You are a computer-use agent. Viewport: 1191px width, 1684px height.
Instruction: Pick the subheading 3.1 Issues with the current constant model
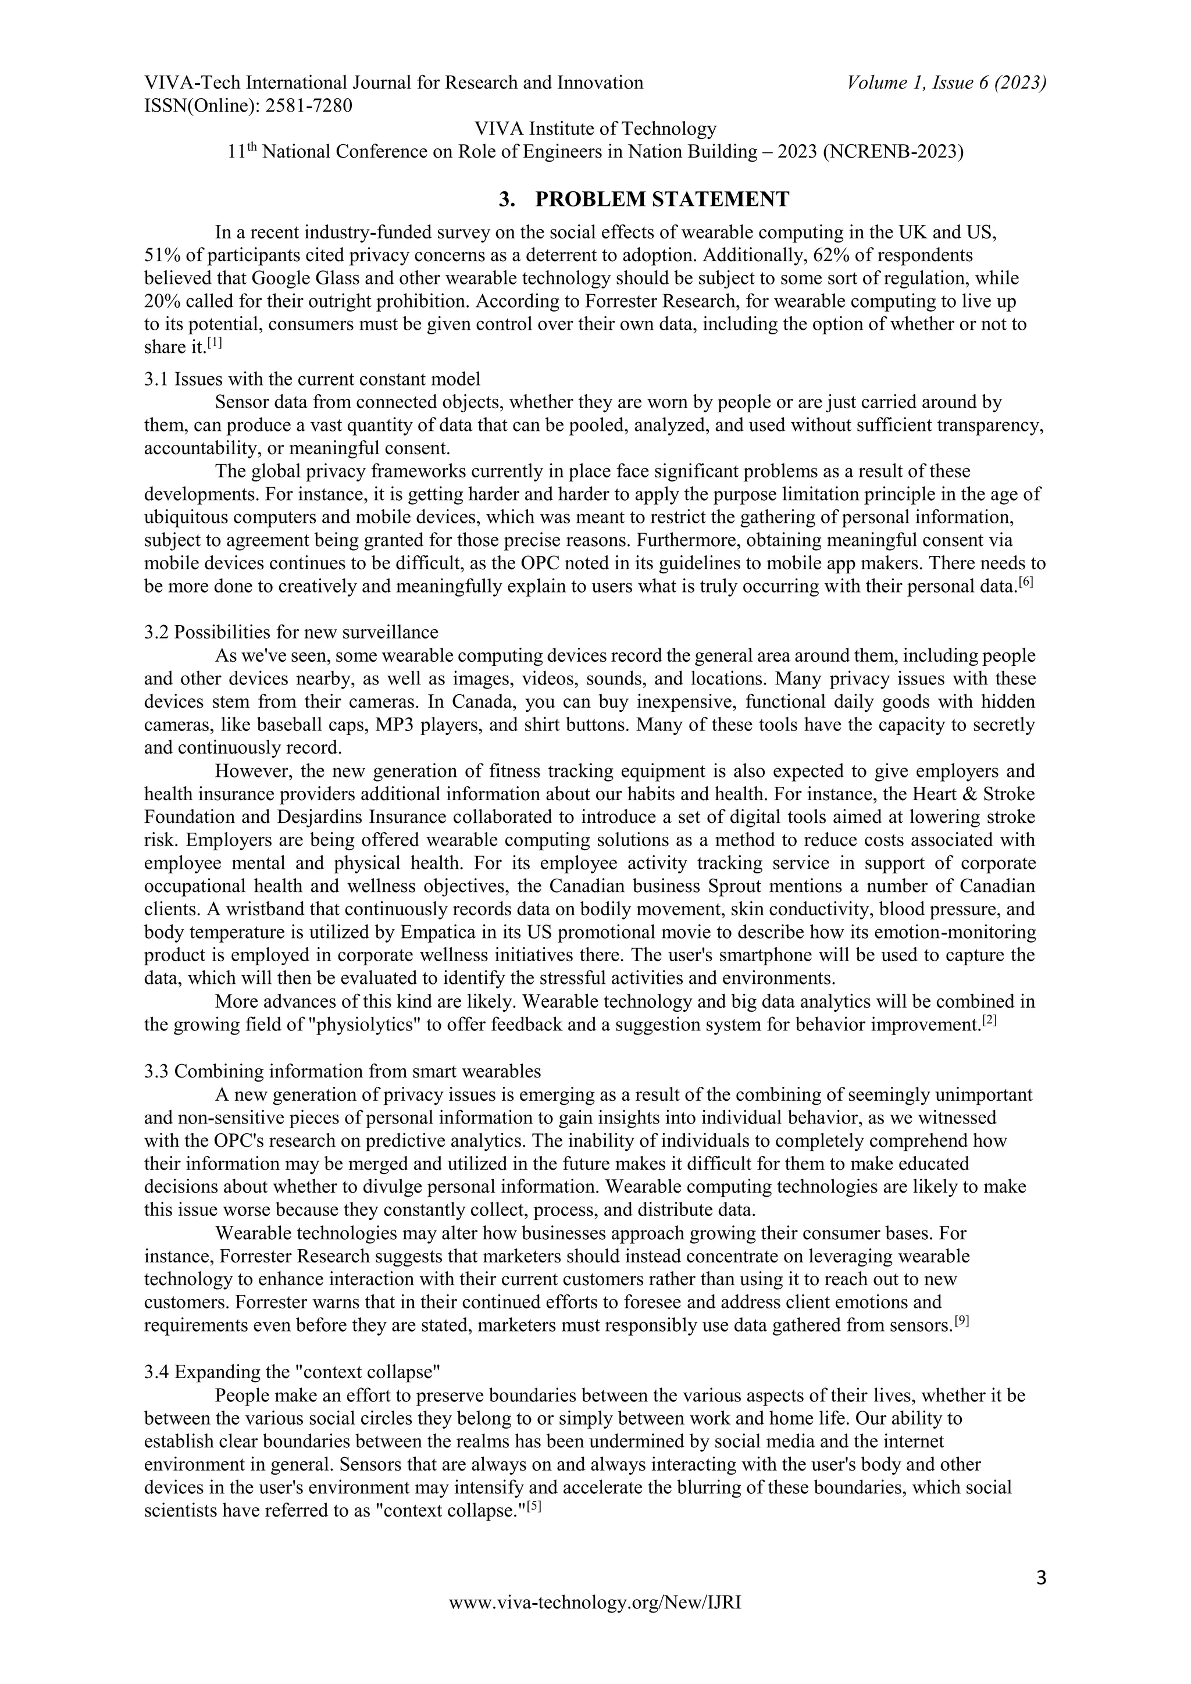312,379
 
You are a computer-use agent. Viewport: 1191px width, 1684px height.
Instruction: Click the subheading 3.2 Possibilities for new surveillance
291,631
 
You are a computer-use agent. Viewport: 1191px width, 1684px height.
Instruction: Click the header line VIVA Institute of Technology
595,129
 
